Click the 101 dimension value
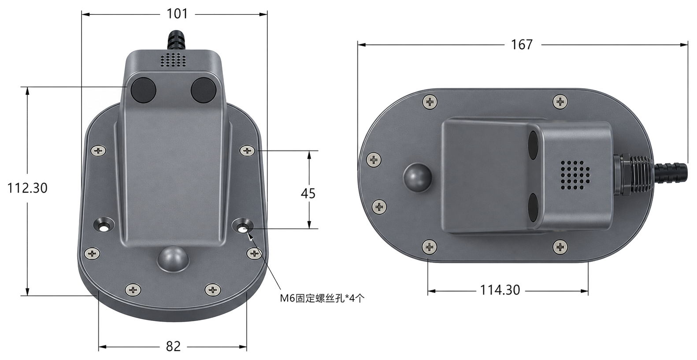click(x=178, y=14)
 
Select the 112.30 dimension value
click(x=27, y=188)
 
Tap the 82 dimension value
click(x=173, y=346)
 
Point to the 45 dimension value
click(x=308, y=193)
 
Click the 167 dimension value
click(x=522, y=45)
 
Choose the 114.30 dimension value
click(x=500, y=290)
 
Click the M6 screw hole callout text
click(x=322, y=298)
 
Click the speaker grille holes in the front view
click(x=173, y=59)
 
